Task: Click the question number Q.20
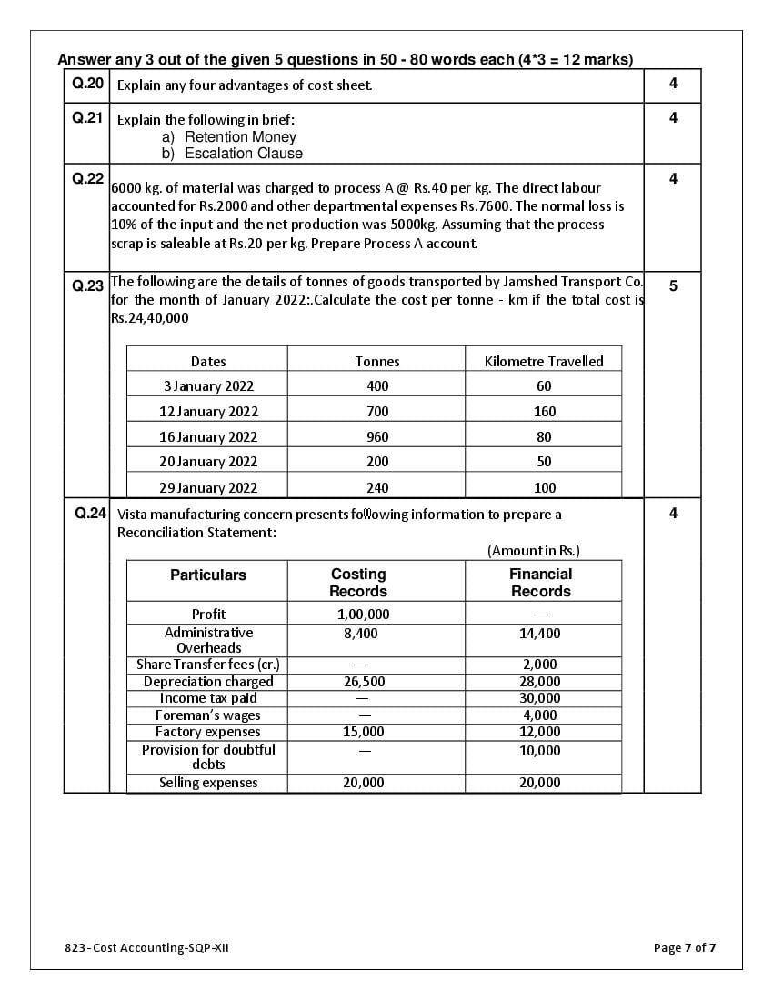tap(87, 84)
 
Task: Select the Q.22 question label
tap(87, 178)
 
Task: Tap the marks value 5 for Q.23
tap(673, 285)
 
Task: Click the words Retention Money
tap(240, 136)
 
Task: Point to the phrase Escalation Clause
tap(243, 153)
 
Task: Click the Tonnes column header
tap(377, 361)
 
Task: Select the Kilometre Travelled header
tap(544, 361)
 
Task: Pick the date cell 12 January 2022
tap(208, 411)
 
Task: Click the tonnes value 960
tap(377, 436)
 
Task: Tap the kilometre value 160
tap(545, 411)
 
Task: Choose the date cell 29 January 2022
tap(208, 487)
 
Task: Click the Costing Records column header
tap(358, 582)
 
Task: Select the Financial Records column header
tap(541, 582)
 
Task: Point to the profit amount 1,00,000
tap(363, 614)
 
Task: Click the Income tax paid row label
tap(208, 698)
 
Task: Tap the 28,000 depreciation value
tap(540, 681)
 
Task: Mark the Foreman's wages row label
tap(208, 715)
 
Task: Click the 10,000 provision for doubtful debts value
tap(540, 750)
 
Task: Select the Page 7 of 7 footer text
tap(685, 948)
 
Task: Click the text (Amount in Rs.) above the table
tap(534, 550)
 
